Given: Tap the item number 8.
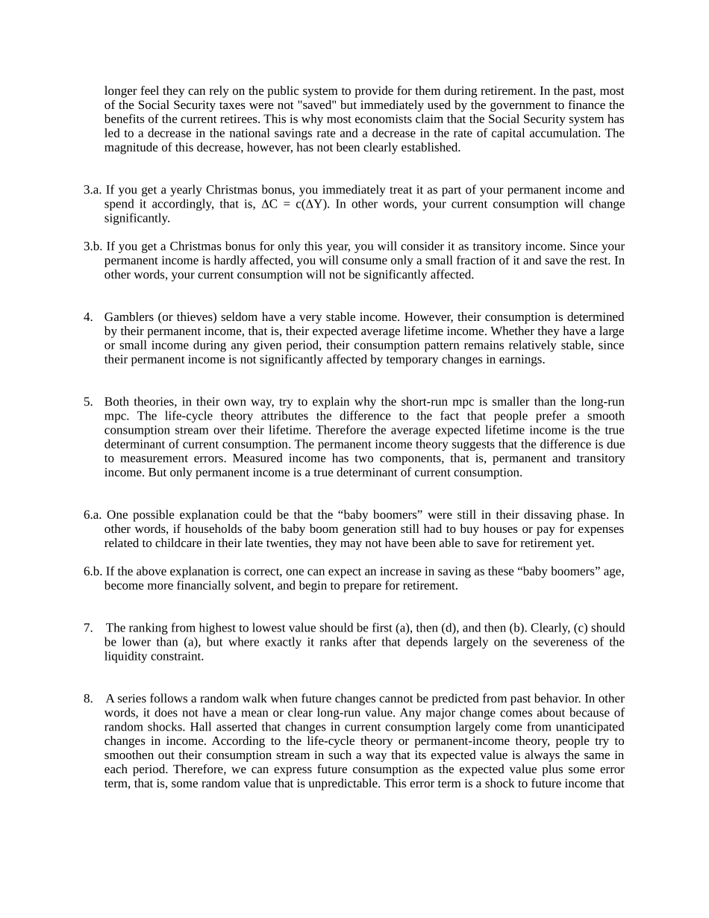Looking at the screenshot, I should (x=88, y=699).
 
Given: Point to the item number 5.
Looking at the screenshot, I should (x=88, y=402).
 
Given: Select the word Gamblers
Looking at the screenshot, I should (x=129, y=317).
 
